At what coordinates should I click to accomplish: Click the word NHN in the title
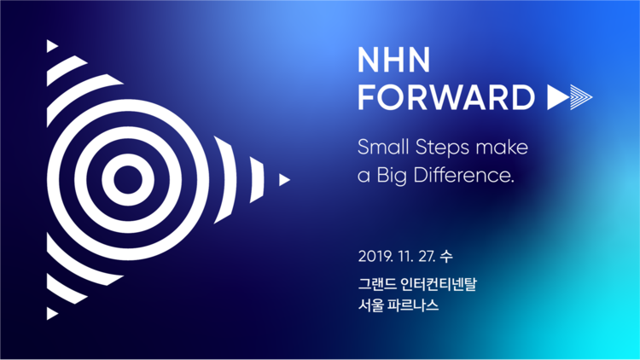[x=394, y=60]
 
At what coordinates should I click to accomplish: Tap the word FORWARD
[x=446, y=97]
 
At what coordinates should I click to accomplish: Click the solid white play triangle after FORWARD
[x=558, y=97]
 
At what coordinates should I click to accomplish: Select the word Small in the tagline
[x=383, y=147]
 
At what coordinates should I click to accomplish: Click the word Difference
[x=463, y=175]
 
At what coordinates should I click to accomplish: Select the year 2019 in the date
[x=375, y=256]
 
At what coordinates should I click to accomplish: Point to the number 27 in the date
[x=427, y=256]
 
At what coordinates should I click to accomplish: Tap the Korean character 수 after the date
[x=446, y=256]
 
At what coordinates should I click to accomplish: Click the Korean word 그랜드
[x=377, y=284]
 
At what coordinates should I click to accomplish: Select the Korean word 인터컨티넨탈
[x=439, y=284]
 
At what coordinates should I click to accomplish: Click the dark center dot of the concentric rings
[x=128, y=180]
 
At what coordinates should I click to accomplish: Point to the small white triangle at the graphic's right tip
[x=283, y=180]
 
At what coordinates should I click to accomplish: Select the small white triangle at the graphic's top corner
[x=51, y=46]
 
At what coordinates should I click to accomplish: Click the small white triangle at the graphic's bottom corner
[x=51, y=313]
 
